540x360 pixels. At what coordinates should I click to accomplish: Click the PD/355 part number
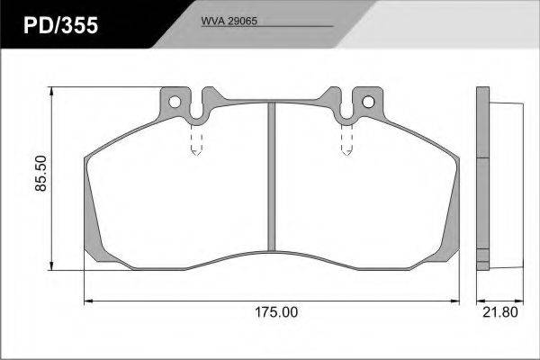[60, 25]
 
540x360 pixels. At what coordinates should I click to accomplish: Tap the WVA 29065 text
[229, 21]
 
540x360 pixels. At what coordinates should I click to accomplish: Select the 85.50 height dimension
[41, 174]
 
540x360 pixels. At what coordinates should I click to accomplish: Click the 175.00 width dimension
[276, 312]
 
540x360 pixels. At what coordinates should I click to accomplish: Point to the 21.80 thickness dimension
[500, 312]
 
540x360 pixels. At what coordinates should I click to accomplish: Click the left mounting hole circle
[175, 102]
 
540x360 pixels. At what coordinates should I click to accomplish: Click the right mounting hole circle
[368, 102]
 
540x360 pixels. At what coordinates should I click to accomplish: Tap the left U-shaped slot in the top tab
[196, 107]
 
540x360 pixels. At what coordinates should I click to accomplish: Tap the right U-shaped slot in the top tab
[346, 107]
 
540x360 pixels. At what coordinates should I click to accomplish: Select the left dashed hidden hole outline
[196, 139]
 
